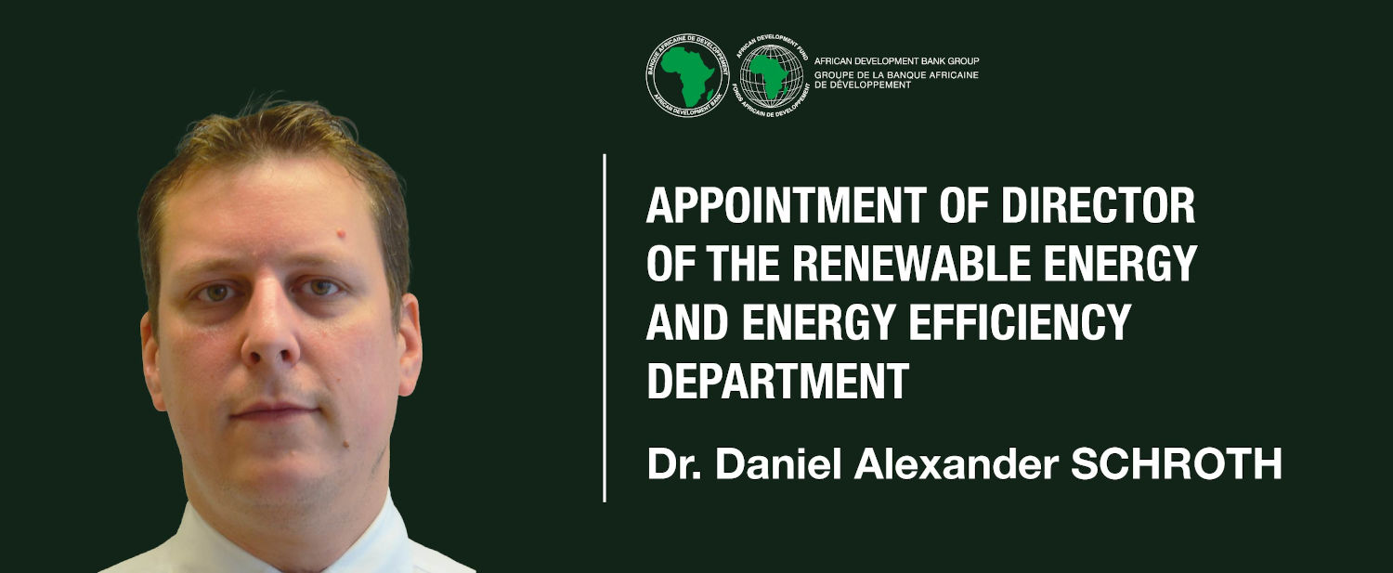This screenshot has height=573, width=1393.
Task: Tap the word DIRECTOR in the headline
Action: click(1099, 205)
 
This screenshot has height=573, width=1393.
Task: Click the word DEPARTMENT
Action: click(778, 380)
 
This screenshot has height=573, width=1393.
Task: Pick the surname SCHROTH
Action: click(1176, 464)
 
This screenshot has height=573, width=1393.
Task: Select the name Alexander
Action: click(957, 464)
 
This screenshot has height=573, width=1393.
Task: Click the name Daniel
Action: click(778, 464)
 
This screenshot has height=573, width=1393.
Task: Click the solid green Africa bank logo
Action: click(687, 75)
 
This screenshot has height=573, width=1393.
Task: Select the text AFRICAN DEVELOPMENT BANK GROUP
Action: click(897, 61)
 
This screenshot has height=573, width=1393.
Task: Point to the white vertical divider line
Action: click(605, 328)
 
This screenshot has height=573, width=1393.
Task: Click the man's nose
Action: click(270, 336)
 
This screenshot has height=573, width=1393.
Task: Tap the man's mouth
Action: click(275, 410)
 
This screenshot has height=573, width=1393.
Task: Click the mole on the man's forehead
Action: click(341, 234)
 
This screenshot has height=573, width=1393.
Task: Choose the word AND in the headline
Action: click(688, 321)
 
